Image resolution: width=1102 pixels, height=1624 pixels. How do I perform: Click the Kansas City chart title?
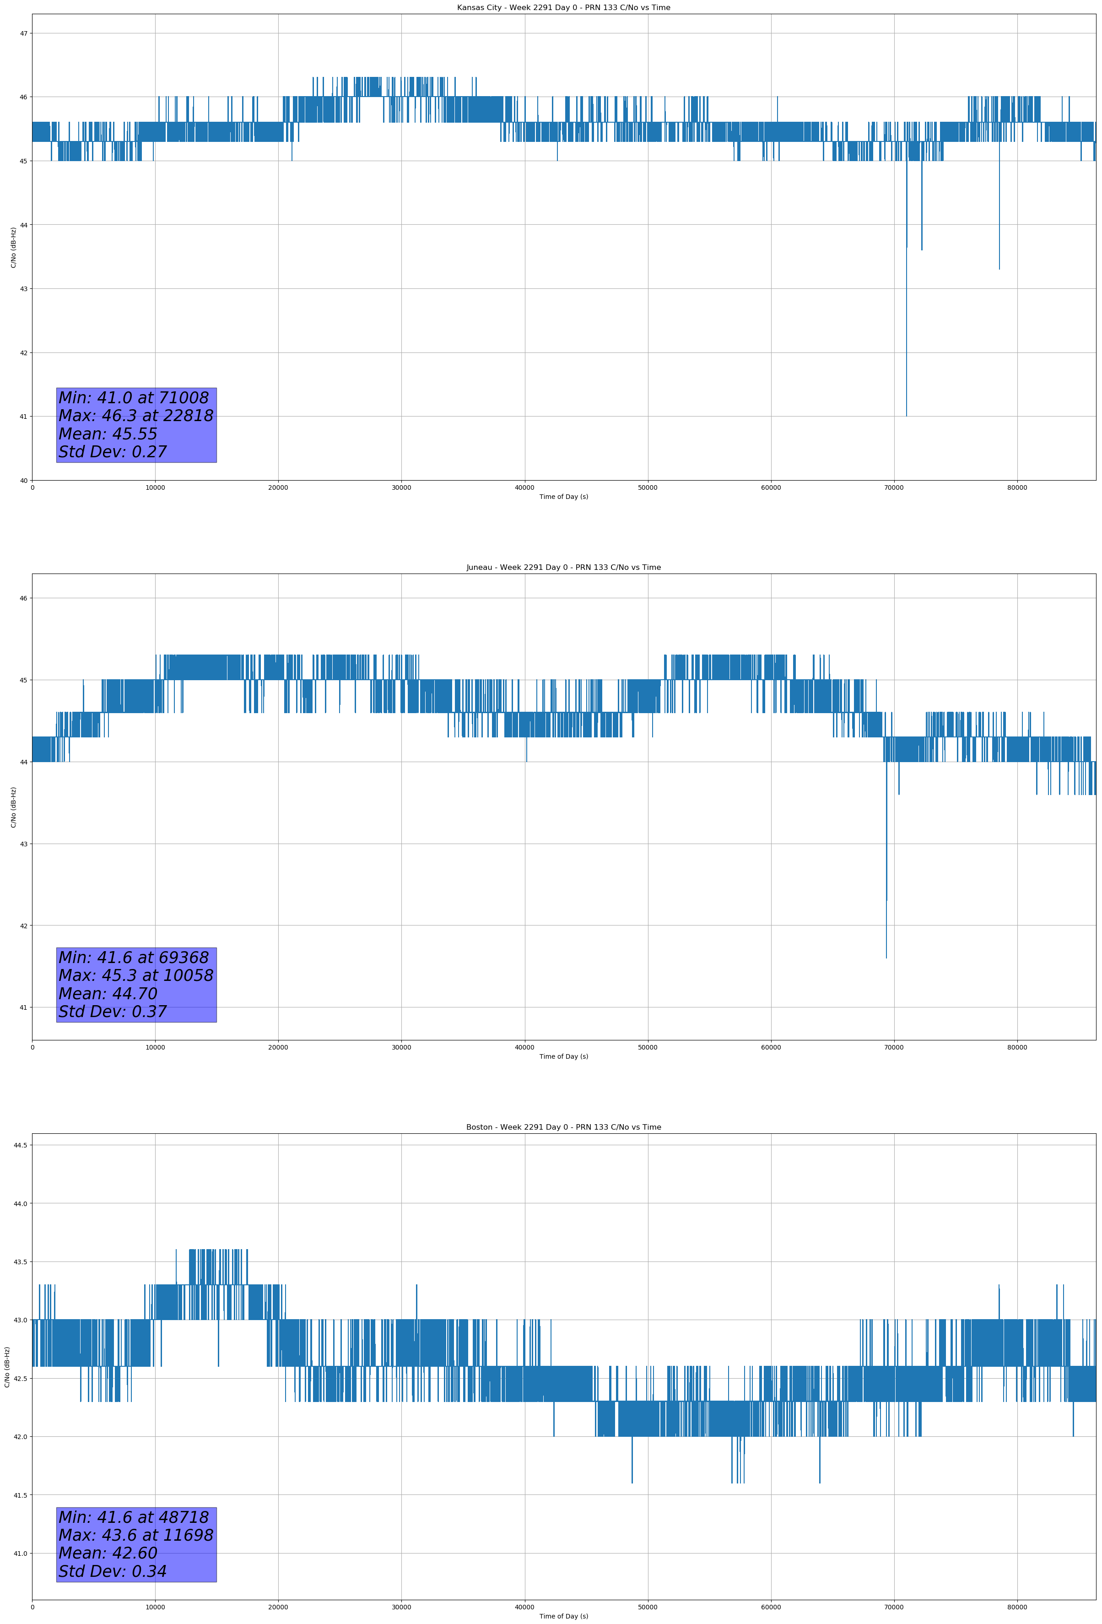563,8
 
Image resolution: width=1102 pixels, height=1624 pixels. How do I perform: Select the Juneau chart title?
563,568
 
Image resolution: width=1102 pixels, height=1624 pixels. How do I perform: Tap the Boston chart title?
563,1127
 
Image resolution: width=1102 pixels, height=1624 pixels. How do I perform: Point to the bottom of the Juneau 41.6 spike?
886,958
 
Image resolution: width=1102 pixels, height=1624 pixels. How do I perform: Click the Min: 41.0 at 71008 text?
134,398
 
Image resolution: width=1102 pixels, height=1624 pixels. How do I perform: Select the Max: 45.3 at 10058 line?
135,975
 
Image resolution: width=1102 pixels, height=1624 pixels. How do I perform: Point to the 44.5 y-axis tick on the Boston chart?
20,1145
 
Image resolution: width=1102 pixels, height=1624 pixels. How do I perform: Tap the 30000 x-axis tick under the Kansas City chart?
401,488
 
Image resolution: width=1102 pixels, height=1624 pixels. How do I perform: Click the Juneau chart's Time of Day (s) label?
563,1056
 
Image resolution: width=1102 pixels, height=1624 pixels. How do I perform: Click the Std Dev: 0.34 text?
113,1571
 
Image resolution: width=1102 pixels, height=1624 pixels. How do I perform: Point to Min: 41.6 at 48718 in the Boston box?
134,1517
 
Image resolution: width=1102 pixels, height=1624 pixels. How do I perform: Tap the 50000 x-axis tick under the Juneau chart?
648,1047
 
